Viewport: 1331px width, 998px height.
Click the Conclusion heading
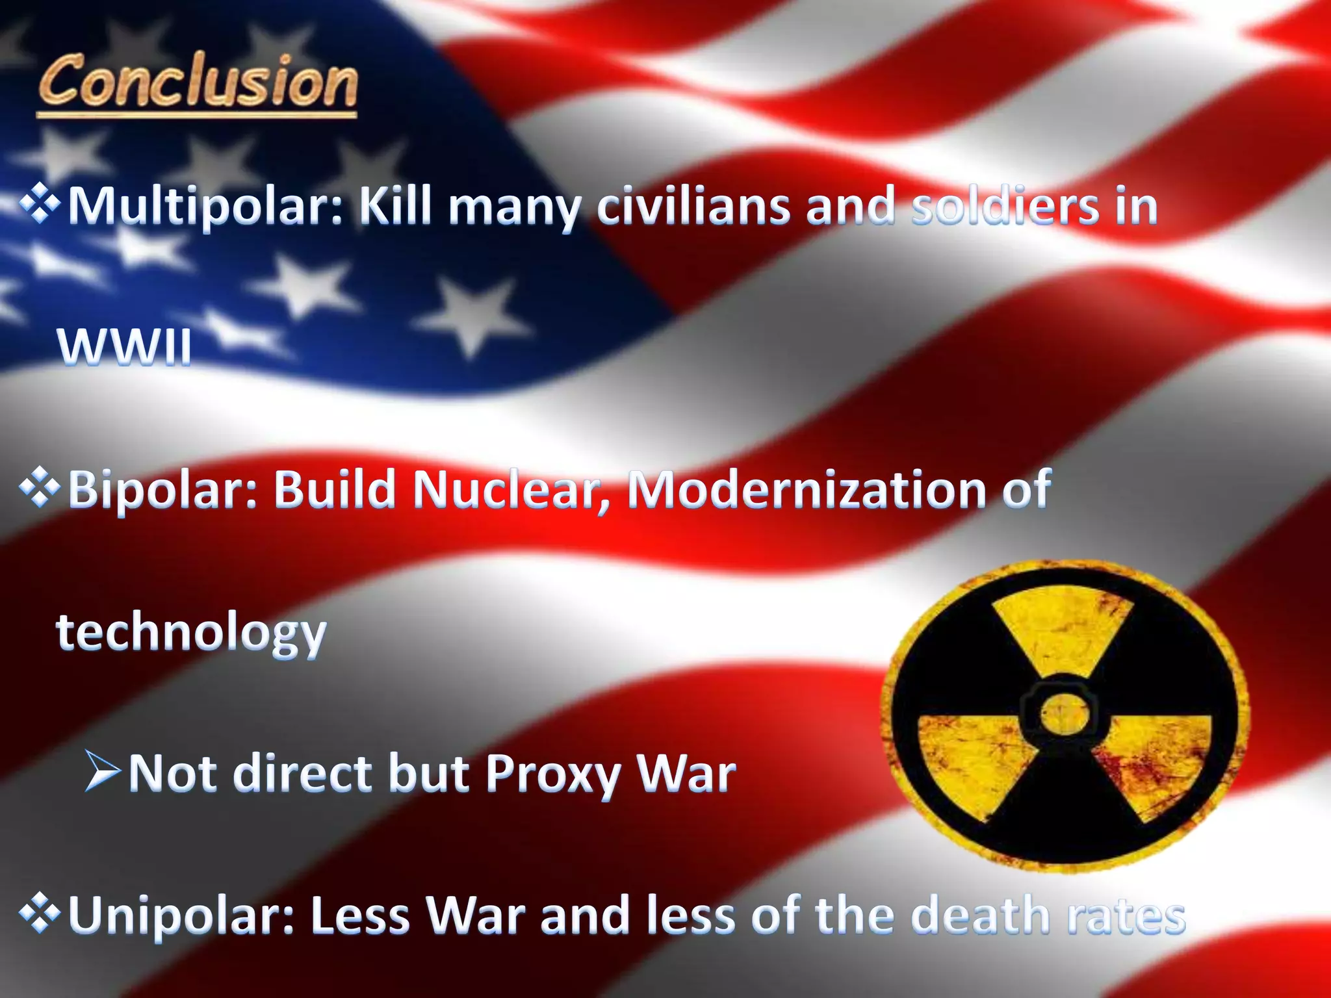(198, 82)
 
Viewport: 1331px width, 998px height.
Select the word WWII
(125, 347)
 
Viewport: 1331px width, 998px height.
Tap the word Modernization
(806, 489)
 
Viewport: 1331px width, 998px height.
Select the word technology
(191, 633)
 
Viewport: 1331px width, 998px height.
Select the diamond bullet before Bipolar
(40, 487)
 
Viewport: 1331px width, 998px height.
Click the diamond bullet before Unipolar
(40, 914)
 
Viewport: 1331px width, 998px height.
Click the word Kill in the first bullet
(395, 205)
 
